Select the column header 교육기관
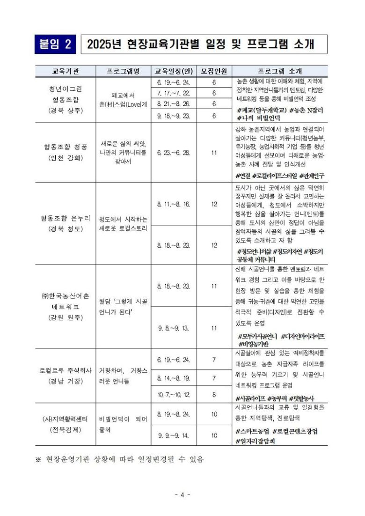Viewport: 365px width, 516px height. [x=65, y=71]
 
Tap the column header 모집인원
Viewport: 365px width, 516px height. [x=214, y=71]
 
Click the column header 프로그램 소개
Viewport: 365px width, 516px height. [x=280, y=71]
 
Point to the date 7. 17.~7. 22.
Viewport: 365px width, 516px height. [x=173, y=93]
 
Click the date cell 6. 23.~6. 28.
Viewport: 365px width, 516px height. [x=173, y=153]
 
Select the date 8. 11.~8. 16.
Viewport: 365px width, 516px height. [x=173, y=204]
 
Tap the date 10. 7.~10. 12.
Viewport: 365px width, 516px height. [x=173, y=394]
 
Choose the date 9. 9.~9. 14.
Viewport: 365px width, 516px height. [x=173, y=435]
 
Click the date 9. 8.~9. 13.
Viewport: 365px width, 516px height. [x=173, y=328]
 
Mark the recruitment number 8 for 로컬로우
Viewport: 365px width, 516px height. [x=214, y=394]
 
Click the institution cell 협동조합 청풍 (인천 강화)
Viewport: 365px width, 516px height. [x=65, y=153]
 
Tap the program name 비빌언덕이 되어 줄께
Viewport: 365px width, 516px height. [x=123, y=425]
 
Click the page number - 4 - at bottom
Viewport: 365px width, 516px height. [x=182, y=494]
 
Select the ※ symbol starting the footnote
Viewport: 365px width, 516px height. [x=38, y=459]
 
